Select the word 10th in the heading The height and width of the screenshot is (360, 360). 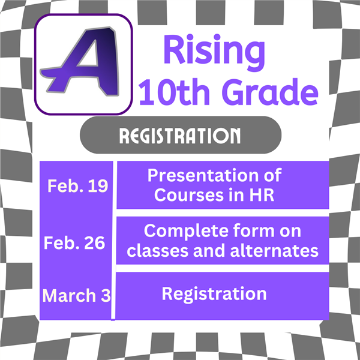tap(175, 91)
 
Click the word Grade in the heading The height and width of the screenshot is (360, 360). tap(270, 91)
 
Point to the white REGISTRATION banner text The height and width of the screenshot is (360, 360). tap(180, 136)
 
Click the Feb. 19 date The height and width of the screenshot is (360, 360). tap(77, 186)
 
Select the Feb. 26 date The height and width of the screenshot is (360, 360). tap(74, 243)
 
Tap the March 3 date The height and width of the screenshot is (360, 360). tap(76, 295)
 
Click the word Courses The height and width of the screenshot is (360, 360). tap(189, 195)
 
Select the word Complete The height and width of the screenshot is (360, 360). tap(186, 232)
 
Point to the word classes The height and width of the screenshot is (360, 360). tap(157, 251)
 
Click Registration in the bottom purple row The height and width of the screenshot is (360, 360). tap(214, 295)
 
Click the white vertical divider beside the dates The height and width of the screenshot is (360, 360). tap(113, 240)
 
